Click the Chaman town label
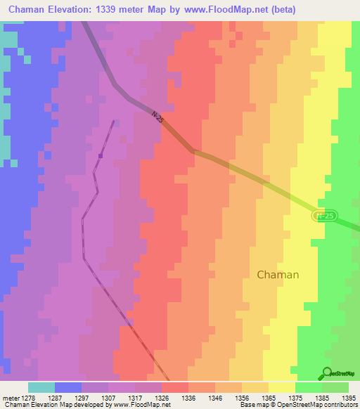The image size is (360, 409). click(x=278, y=275)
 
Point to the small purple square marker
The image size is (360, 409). click(x=101, y=155)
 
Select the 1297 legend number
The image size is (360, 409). click(x=81, y=397)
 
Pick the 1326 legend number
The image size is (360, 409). click(x=161, y=397)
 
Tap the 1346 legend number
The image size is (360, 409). click(x=215, y=397)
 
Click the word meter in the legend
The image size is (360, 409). click(x=11, y=397)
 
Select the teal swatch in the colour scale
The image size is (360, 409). click(x=41, y=387)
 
